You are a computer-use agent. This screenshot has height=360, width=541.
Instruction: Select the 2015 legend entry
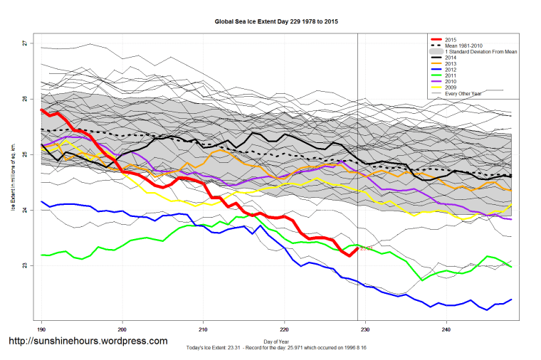click(x=449, y=39)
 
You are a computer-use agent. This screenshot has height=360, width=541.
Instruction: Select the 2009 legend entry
click(x=449, y=88)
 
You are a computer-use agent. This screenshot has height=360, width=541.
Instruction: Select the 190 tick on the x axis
click(x=42, y=329)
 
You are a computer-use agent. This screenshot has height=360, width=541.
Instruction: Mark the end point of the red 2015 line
click(x=357, y=248)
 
